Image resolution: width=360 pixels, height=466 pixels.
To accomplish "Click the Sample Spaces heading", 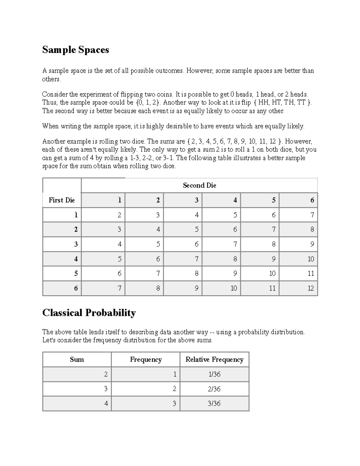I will click(x=76, y=50).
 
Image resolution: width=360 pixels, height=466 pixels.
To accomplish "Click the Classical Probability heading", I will click(x=89, y=313).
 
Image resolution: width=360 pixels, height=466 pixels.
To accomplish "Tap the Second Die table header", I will click(x=199, y=185).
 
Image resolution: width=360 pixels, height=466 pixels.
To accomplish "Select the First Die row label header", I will click(x=62, y=200).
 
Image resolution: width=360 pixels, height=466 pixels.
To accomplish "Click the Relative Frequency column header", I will click(x=214, y=359).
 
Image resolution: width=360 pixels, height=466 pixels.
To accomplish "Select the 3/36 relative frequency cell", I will click(x=214, y=404).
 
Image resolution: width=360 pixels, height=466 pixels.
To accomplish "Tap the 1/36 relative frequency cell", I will click(x=214, y=374).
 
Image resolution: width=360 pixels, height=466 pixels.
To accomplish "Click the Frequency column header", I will click(x=146, y=359).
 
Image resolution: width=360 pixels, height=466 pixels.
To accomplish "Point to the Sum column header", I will click(x=77, y=359).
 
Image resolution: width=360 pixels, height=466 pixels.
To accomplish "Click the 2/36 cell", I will click(x=214, y=389).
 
